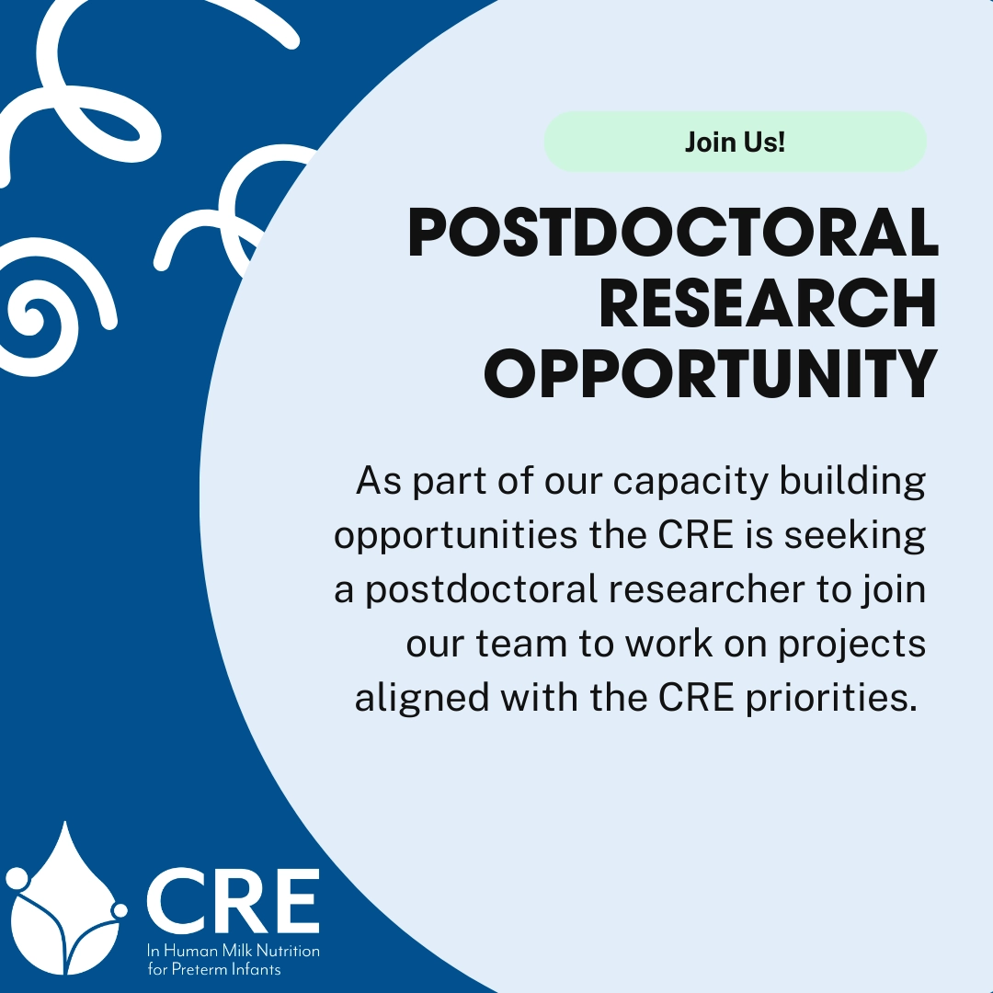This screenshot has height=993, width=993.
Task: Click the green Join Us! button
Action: [x=736, y=142]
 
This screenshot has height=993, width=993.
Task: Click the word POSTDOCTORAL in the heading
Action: [x=673, y=233]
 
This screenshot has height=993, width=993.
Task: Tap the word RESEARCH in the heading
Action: [x=768, y=302]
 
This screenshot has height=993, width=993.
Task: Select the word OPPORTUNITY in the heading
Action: [x=711, y=373]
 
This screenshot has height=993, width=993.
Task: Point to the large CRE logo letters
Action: [x=233, y=900]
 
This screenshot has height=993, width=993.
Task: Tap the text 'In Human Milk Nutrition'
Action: [x=233, y=951]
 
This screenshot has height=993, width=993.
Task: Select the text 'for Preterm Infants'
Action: [x=214, y=970]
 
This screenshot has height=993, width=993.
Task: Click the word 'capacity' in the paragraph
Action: [x=691, y=482]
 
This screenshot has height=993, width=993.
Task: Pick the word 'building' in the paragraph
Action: [x=852, y=481]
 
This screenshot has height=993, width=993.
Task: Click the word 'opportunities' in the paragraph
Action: [x=456, y=536]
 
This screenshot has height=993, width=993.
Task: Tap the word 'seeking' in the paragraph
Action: [x=855, y=536]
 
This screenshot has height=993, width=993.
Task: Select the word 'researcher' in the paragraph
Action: [x=707, y=589]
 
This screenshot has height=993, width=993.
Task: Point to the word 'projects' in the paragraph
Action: [x=851, y=645]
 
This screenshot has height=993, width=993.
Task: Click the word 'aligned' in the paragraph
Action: [x=422, y=699]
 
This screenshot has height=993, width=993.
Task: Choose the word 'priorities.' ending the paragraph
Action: [x=831, y=699]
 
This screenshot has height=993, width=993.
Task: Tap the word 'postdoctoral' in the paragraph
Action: [x=481, y=590]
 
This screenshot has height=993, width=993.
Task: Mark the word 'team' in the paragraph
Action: [x=521, y=644]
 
